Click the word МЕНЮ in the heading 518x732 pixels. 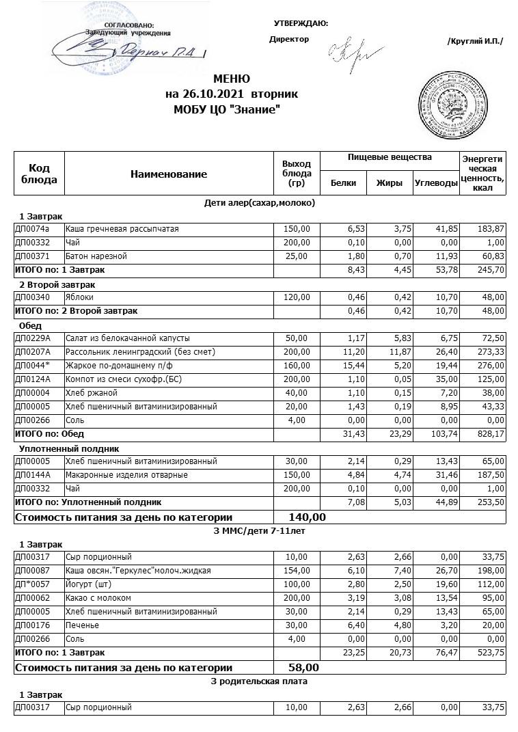tap(231, 79)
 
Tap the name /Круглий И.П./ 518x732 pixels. tap(474, 42)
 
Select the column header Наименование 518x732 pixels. tap(168, 174)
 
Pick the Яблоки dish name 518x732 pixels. tap(79, 297)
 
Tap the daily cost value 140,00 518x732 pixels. tap(308, 517)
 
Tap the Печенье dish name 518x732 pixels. tap(82, 625)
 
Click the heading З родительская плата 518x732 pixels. tap(260, 681)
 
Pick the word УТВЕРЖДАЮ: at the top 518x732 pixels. tap(301, 24)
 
